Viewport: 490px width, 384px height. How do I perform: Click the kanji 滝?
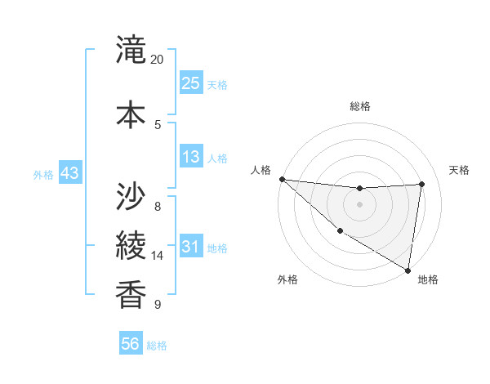[x=131, y=52]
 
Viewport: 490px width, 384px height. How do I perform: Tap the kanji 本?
[x=131, y=112]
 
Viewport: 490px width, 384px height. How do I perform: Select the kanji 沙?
[x=131, y=195]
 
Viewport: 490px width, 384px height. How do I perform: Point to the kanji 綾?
[x=131, y=244]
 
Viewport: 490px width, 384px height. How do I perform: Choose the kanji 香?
[x=131, y=292]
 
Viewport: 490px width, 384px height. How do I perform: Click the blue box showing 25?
[x=191, y=83]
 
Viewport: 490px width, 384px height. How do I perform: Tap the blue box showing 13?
[x=191, y=157]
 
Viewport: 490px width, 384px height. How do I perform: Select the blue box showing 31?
[x=191, y=247]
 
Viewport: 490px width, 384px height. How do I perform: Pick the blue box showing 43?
[x=69, y=173]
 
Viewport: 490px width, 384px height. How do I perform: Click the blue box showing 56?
[x=131, y=344]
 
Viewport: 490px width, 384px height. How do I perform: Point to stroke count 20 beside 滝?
[x=158, y=60]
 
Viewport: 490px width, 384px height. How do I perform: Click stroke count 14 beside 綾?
[x=158, y=256]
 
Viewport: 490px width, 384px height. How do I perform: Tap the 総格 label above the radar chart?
[x=360, y=106]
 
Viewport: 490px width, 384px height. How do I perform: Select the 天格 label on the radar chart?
[x=460, y=170]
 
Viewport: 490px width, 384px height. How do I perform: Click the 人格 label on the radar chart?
[x=261, y=170]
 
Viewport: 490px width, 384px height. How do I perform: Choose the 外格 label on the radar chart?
[x=287, y=279]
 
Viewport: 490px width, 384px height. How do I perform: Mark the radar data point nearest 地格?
[x=408, y=270]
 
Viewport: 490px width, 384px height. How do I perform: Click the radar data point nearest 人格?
[x=282, y=179]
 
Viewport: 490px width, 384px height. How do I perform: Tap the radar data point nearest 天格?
[x=422, y=184]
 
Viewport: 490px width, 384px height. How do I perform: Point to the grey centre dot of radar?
[x=359, y=203]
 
